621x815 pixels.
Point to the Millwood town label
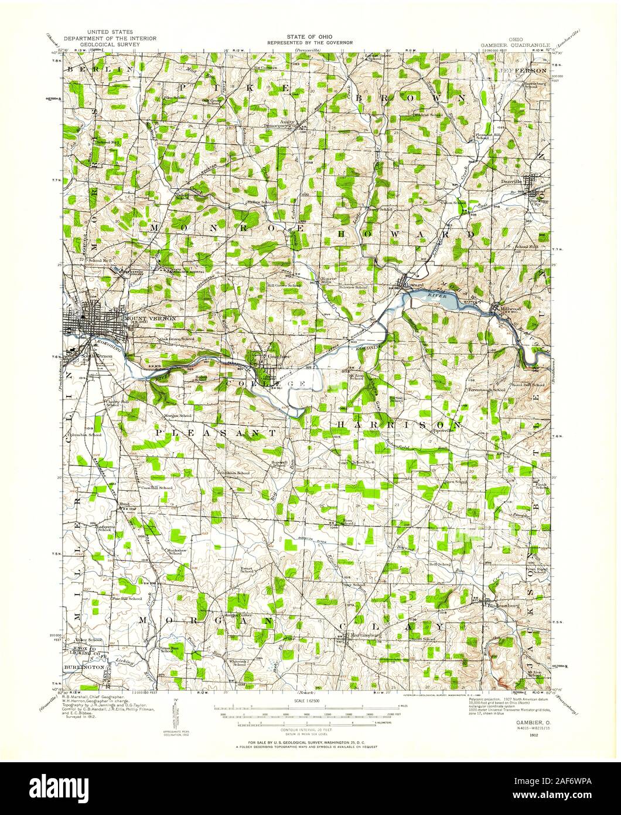pos(510,307)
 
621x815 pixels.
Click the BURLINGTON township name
pos(84,668)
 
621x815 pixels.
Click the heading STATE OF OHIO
pos(310,37)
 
